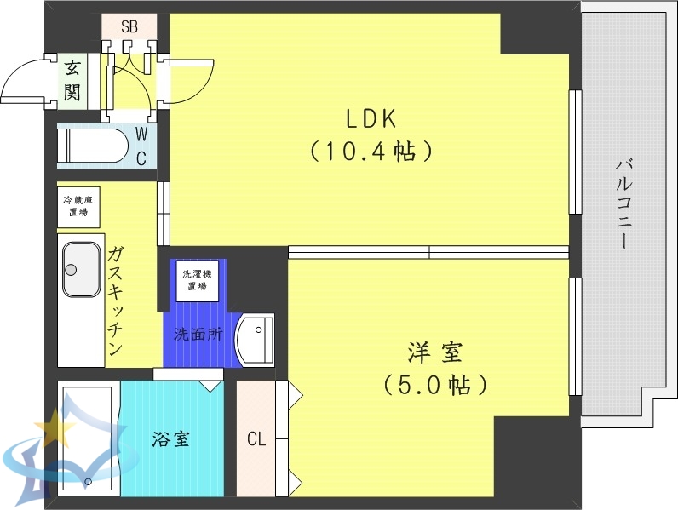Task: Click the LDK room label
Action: click(371, 118)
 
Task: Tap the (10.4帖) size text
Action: click(371, 152)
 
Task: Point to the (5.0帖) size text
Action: click(434, 385)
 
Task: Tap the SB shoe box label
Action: click(129, 26)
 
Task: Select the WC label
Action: click(142, 146)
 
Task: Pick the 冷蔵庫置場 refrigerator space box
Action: click(79, 206)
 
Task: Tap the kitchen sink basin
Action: click(82, 268)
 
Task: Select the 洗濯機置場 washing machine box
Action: click(197, 280)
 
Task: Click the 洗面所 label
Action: click(198, 335)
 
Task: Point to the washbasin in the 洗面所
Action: click(255, 340)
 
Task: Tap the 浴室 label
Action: click(170, 439)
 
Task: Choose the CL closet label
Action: click(256, 439)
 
